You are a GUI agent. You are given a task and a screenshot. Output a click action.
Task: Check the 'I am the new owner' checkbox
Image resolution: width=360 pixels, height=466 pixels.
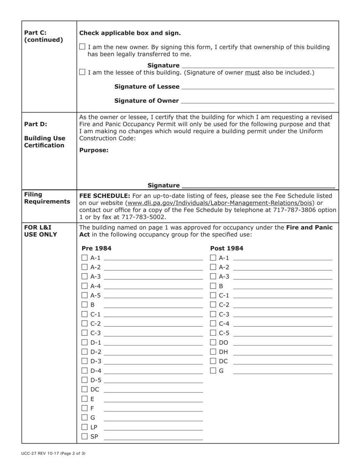point(82,47)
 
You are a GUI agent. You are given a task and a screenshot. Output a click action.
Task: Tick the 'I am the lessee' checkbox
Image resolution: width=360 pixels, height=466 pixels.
point(82,72)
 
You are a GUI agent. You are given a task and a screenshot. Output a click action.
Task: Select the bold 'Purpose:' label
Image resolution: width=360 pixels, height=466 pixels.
point(94,150)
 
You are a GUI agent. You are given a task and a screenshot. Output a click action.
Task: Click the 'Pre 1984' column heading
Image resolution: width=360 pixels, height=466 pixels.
point(97,249)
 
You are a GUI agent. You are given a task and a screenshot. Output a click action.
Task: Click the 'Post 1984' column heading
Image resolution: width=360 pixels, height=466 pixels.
point(227,249)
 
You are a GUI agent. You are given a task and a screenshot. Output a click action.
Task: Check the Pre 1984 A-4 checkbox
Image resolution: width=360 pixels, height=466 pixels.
point(85,286)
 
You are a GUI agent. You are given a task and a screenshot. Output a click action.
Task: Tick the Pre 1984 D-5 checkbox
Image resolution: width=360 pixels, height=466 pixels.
point(85,380)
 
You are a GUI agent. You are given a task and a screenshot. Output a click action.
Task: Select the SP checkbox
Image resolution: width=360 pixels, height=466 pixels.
point(85,436)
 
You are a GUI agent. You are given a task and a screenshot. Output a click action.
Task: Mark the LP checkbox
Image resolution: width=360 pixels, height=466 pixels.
point(85,427)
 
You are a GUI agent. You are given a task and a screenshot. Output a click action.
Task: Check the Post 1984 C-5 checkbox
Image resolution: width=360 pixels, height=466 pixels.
point(213,333)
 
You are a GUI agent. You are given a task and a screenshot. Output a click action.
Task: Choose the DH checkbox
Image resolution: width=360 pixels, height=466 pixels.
point(213,352)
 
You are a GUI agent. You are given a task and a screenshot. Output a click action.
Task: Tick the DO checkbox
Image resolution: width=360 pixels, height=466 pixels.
point(213,342)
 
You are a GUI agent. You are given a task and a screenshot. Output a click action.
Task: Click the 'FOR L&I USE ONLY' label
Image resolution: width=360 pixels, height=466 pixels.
point(41,231)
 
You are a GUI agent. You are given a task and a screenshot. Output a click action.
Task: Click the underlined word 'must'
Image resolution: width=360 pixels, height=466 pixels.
point(252,72)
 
